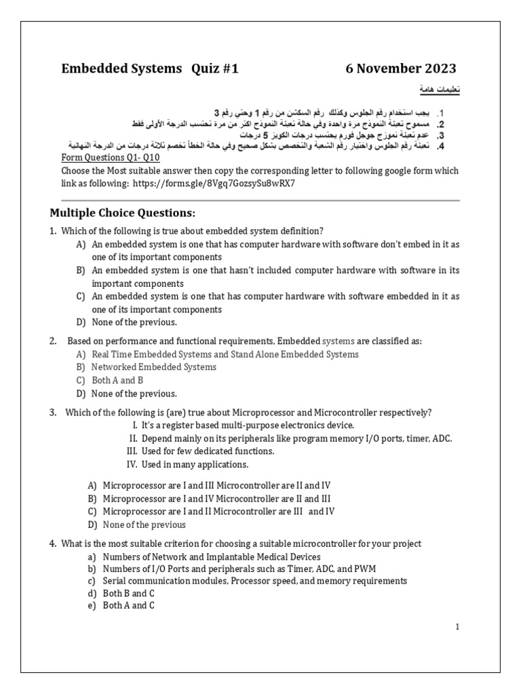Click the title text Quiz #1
click(213, 68)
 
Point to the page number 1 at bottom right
click(458, 627)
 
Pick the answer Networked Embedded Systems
click(153, 367)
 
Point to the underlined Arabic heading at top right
click(436, 91)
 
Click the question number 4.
click(52, 544)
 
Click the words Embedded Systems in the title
click(122, 68)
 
